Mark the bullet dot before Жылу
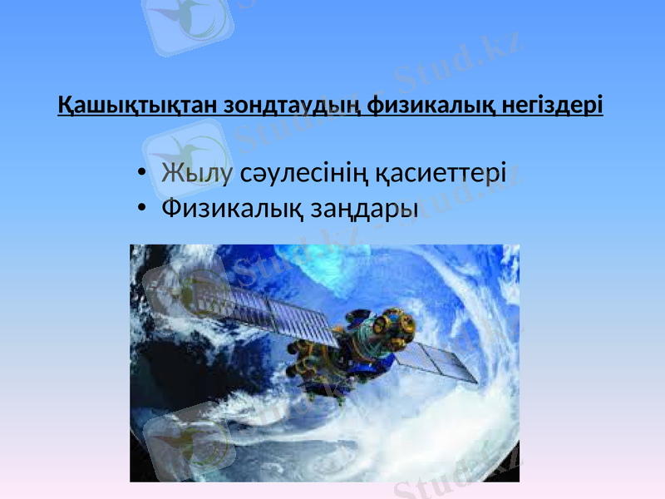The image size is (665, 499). click(144, 173)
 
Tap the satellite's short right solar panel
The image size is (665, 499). click(441, 363)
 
